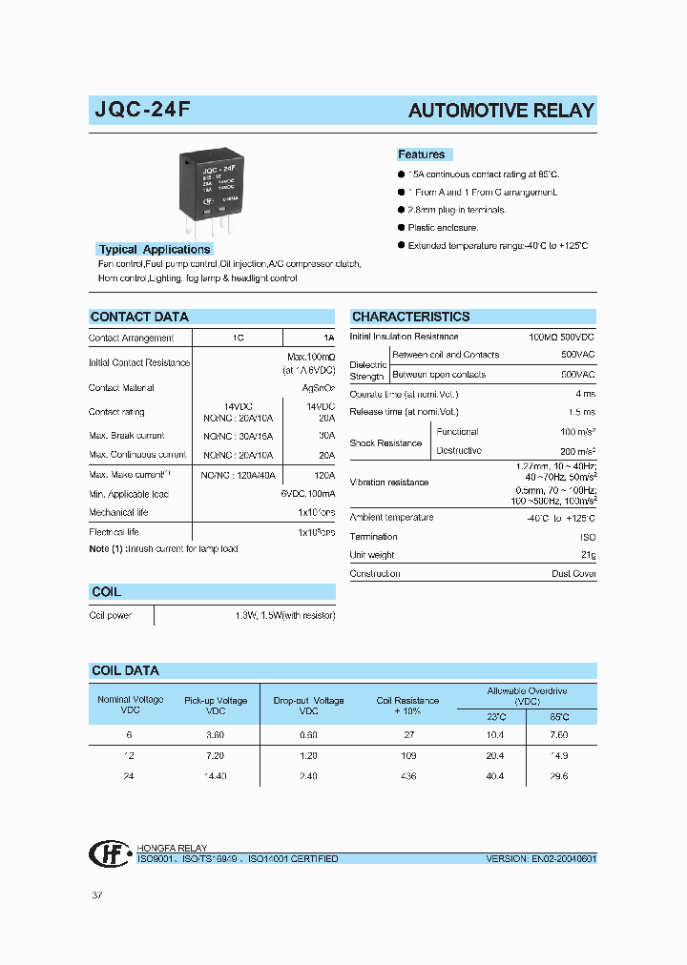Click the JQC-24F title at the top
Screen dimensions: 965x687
[142, 110]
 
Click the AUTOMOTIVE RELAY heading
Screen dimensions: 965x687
[501, 111]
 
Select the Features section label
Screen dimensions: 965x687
[421, 154]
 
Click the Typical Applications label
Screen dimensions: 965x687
[154, 250]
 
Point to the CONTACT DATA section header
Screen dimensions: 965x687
[139, 317]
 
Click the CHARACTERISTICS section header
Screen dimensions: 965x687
[410, 317]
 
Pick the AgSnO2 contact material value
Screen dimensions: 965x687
[318, 388]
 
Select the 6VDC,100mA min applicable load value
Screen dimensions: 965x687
[306, 494]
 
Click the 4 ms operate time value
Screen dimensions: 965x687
[585, 394]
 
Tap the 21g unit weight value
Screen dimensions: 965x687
[588, 555]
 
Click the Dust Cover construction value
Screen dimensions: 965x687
[573, 574]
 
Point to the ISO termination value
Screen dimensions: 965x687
[587, 537]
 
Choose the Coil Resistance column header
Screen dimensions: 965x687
[407, 706]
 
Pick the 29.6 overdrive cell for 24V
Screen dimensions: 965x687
[558, 776]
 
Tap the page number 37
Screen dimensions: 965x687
[96, 895]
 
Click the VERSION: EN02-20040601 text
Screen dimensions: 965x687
[540, 859]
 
